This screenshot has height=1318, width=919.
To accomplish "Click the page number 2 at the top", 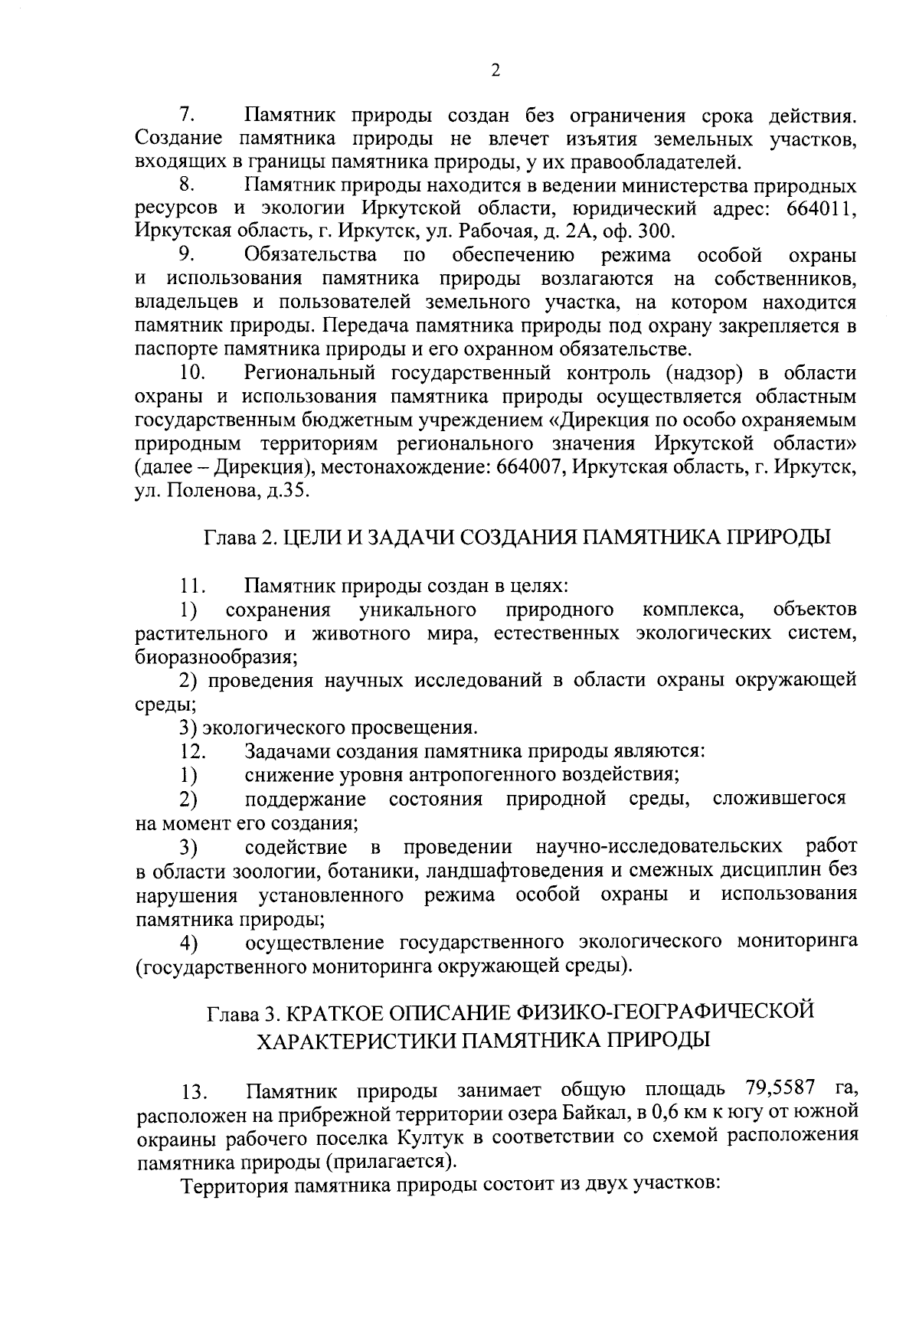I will [495, 71].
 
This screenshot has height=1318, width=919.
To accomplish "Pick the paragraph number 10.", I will [192, 374].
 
